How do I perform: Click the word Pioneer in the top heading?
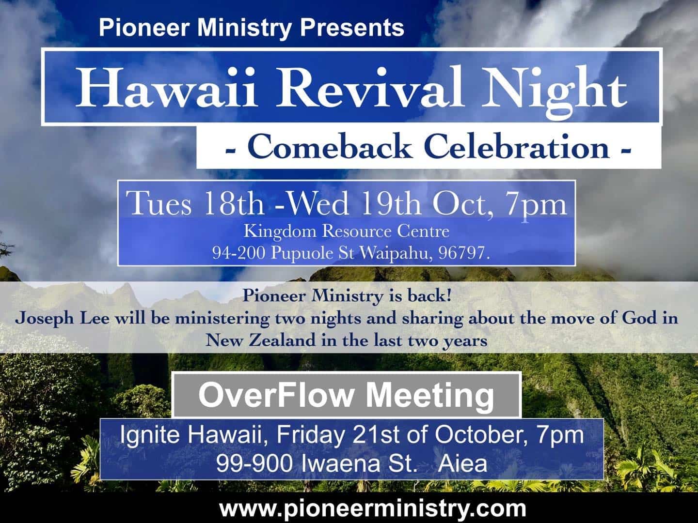pos(144,27)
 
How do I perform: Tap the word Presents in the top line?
pos(352,27)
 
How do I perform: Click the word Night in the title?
pos(554,90)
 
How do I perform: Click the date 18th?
pos(234,203)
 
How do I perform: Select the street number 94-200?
pos(238,253)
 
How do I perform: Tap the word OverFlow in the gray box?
pos(276,395)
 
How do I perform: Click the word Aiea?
pos(462,464)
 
